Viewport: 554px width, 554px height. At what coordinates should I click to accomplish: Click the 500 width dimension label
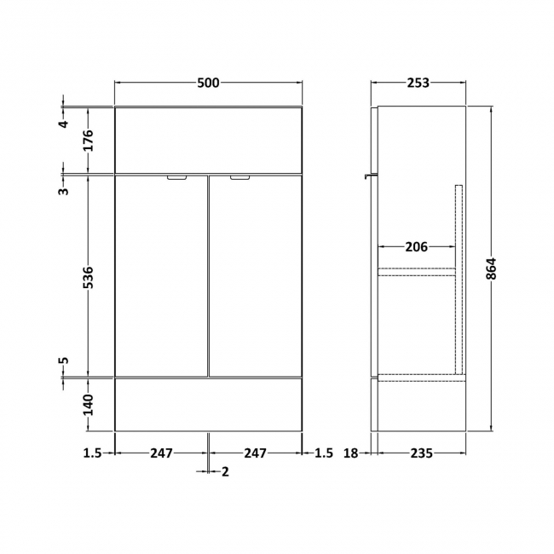point(208,83)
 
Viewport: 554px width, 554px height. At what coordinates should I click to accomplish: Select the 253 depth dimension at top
point(418,83)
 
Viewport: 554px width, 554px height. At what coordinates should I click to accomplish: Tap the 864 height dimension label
point(491,268)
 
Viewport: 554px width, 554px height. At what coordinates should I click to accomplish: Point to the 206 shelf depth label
point(416,247)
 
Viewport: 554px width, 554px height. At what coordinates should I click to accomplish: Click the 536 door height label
point(89,277)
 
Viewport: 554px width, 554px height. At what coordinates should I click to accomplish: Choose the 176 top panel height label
point(89,141)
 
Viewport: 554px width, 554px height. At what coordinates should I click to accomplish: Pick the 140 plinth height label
point(89,405)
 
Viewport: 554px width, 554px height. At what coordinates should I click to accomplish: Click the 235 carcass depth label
point(421,453)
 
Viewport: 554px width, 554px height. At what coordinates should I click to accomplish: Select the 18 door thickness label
point(351,453)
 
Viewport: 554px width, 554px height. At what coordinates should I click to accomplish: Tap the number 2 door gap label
point(225,471)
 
